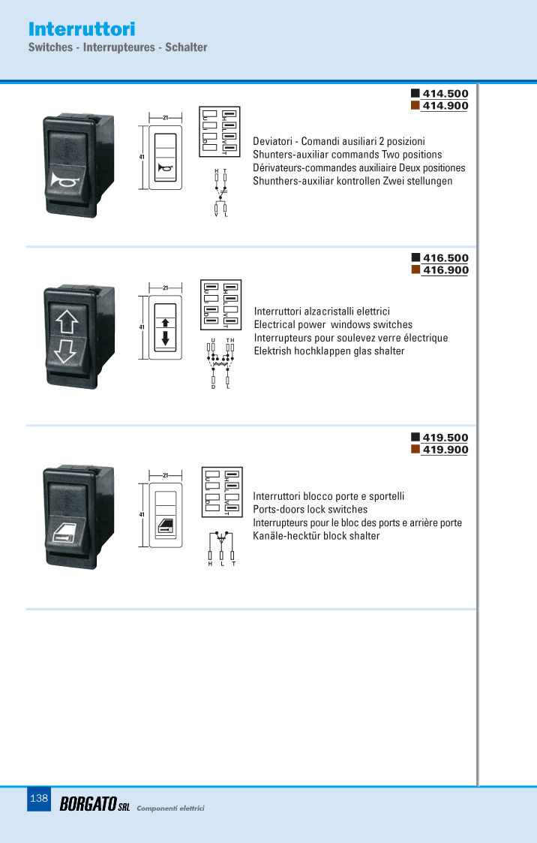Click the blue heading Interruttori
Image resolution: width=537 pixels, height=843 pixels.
click(82, 29)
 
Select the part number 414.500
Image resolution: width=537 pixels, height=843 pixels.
click(445, 94)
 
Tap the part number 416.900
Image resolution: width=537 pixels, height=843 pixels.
click(445, 270)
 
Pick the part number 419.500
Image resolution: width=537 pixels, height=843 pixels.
click(445, 438)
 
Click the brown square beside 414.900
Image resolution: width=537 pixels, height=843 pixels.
click(415, 105)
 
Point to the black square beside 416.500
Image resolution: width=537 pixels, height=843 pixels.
click(415, 257)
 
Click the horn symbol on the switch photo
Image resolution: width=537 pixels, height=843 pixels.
click(65, 179)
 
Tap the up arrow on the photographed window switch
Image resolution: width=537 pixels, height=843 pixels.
click(67, 322)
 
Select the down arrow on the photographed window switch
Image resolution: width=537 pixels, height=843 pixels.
click(65, 351)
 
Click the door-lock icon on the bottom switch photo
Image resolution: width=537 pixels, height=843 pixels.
click(64, 532)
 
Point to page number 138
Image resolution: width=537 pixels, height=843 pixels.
click(39, 799)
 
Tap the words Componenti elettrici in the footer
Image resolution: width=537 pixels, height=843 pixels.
click(170, 808)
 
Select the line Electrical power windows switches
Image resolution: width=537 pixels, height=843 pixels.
click(333, 325)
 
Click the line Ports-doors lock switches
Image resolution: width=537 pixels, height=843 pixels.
click(310, 510)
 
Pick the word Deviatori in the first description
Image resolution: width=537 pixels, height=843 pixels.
click(273, 141)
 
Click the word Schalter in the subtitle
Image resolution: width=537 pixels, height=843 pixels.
click(186, 47)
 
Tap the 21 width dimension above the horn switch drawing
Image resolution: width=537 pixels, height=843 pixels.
click(166, 118)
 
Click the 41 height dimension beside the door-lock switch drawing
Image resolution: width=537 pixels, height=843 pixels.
click(142, 514)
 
